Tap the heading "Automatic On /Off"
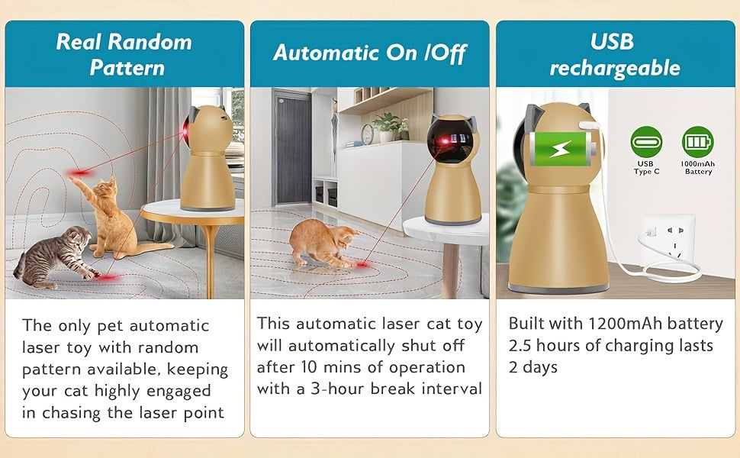[369, 53]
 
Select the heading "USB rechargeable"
[614, 53]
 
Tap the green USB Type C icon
[645, 142]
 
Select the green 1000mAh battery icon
[697, 142]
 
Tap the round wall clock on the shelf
[368, 134]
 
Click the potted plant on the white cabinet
[388, 126]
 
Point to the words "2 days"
[532, 367]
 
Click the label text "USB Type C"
[645, 167]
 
